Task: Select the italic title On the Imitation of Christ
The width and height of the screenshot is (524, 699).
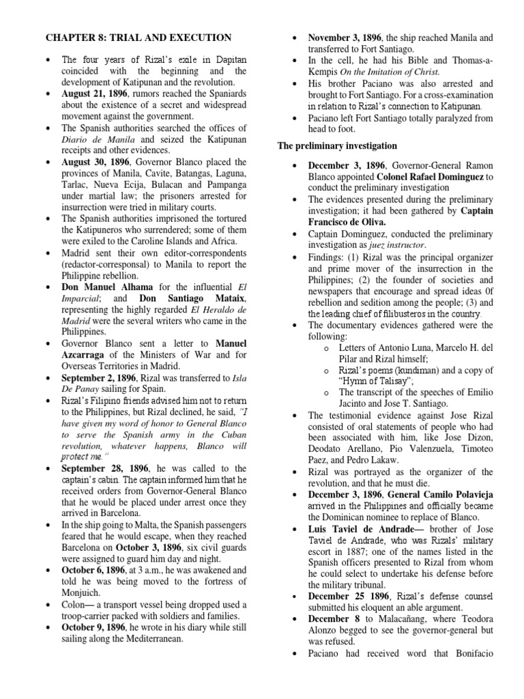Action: click(391, 70)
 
